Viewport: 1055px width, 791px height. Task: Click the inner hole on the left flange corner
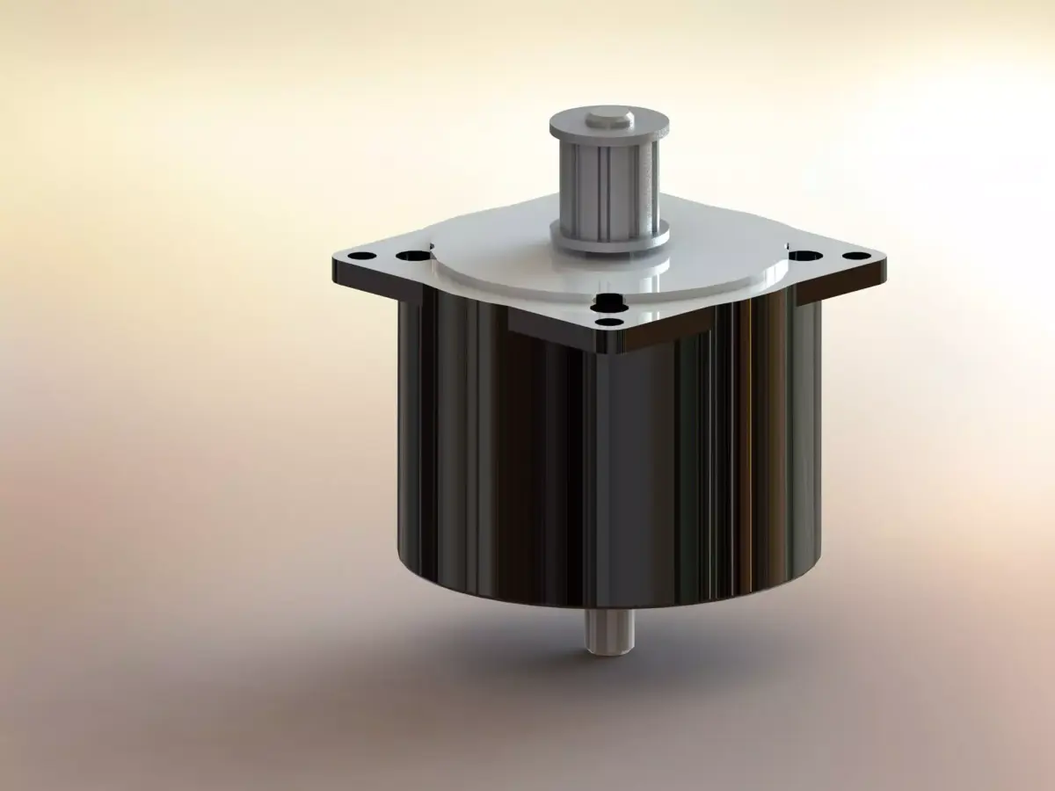[x=408, y=256]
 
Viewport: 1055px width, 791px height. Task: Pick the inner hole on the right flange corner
[x=802, y=255]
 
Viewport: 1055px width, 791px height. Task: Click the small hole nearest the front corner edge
[x=607, y=323]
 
